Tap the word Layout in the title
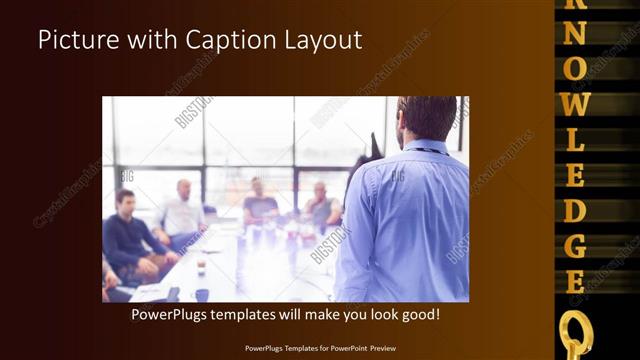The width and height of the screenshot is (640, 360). [324, 41]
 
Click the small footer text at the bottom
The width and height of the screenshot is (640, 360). [320, 348]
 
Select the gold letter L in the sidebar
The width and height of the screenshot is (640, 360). [575, 140]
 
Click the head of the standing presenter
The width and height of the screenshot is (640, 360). [427, 118]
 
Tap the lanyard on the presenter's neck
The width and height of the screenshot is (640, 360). [425, 150]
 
